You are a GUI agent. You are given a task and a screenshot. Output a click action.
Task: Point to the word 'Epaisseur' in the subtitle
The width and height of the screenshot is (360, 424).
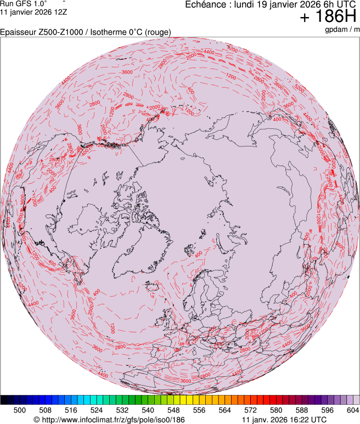tap(17, 32)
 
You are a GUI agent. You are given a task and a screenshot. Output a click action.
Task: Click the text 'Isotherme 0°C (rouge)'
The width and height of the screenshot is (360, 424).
tap(133, 32)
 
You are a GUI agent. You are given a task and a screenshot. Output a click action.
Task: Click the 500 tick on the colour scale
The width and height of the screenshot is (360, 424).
tap(20, 410)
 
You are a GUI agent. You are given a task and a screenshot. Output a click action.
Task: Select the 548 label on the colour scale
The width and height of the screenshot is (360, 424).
tap(173, 410)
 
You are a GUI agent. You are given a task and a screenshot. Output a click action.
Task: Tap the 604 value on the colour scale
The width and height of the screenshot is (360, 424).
tap(353, 410)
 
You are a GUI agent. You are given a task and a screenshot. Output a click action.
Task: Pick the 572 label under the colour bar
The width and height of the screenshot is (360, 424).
tap(250, 410)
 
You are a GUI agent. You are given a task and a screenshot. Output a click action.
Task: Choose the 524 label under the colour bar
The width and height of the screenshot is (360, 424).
tap(97, 410)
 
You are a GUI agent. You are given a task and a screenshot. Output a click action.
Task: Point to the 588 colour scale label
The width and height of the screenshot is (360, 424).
tap(301, 410)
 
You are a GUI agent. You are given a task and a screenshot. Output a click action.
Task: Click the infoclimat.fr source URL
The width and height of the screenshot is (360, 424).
tap(109, 420)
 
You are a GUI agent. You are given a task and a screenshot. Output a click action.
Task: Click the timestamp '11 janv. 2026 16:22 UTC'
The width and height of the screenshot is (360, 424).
tap(284, 420)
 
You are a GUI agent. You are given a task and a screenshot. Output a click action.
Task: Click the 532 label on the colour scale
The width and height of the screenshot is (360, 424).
tap(122, 410)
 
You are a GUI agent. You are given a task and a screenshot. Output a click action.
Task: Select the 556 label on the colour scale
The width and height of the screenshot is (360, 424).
tap(199, 410)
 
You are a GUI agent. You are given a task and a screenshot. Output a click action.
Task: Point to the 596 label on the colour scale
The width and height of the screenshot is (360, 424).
tap(327, 410)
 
